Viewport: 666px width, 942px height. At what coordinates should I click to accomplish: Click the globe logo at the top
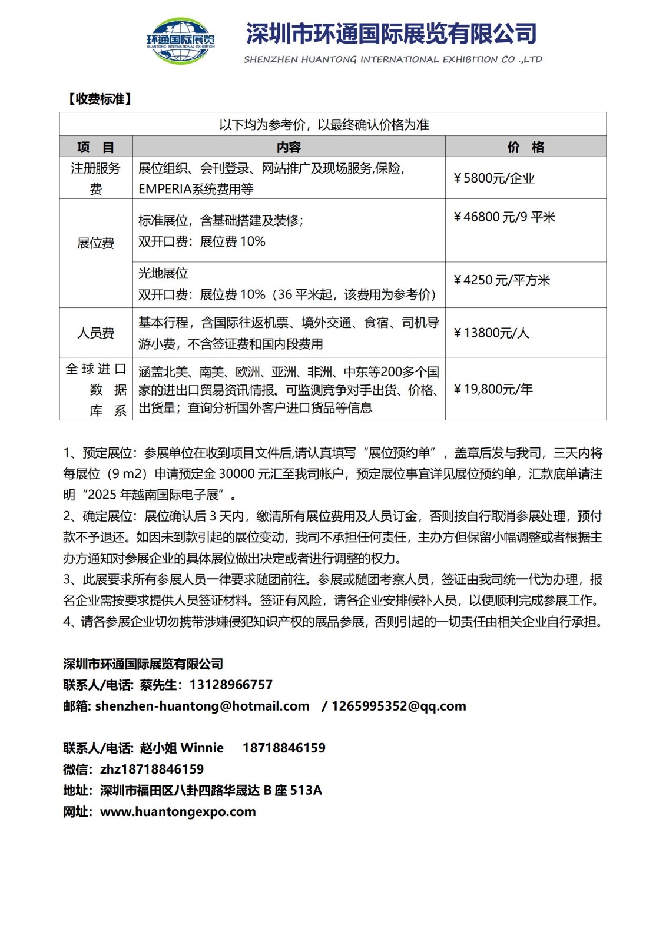pos(180,40)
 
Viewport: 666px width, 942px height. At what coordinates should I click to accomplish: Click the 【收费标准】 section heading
pos(98,99)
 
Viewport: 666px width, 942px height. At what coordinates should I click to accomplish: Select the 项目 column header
pos(95,147)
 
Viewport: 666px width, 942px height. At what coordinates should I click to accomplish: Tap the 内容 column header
pos(289,147)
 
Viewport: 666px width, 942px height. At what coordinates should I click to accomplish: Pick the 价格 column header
pos(525,147)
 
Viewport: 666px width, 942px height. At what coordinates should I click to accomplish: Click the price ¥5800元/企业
pos(493,178)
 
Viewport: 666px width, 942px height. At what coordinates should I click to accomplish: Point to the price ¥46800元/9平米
pos(504,217)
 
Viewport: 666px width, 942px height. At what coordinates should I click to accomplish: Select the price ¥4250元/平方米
pos(501,280)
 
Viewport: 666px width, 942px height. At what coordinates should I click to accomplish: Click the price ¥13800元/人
pos(491,333)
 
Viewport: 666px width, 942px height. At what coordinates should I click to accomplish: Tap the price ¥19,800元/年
pos(493,389)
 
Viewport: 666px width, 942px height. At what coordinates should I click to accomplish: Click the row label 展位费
pos(95,243)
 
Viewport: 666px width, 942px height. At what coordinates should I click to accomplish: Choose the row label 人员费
pos(95,333)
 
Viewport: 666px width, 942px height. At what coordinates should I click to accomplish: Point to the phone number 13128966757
pos(231,685)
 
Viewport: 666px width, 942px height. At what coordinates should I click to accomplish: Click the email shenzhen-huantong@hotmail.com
pos(202,706)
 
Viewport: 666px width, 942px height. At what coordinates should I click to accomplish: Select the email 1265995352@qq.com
pos(399,706)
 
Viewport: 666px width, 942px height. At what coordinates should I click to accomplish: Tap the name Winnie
pos(201,748)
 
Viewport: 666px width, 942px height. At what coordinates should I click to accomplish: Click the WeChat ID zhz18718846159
pos(152,769)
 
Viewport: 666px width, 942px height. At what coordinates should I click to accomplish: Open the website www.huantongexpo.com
pos(178,812)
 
